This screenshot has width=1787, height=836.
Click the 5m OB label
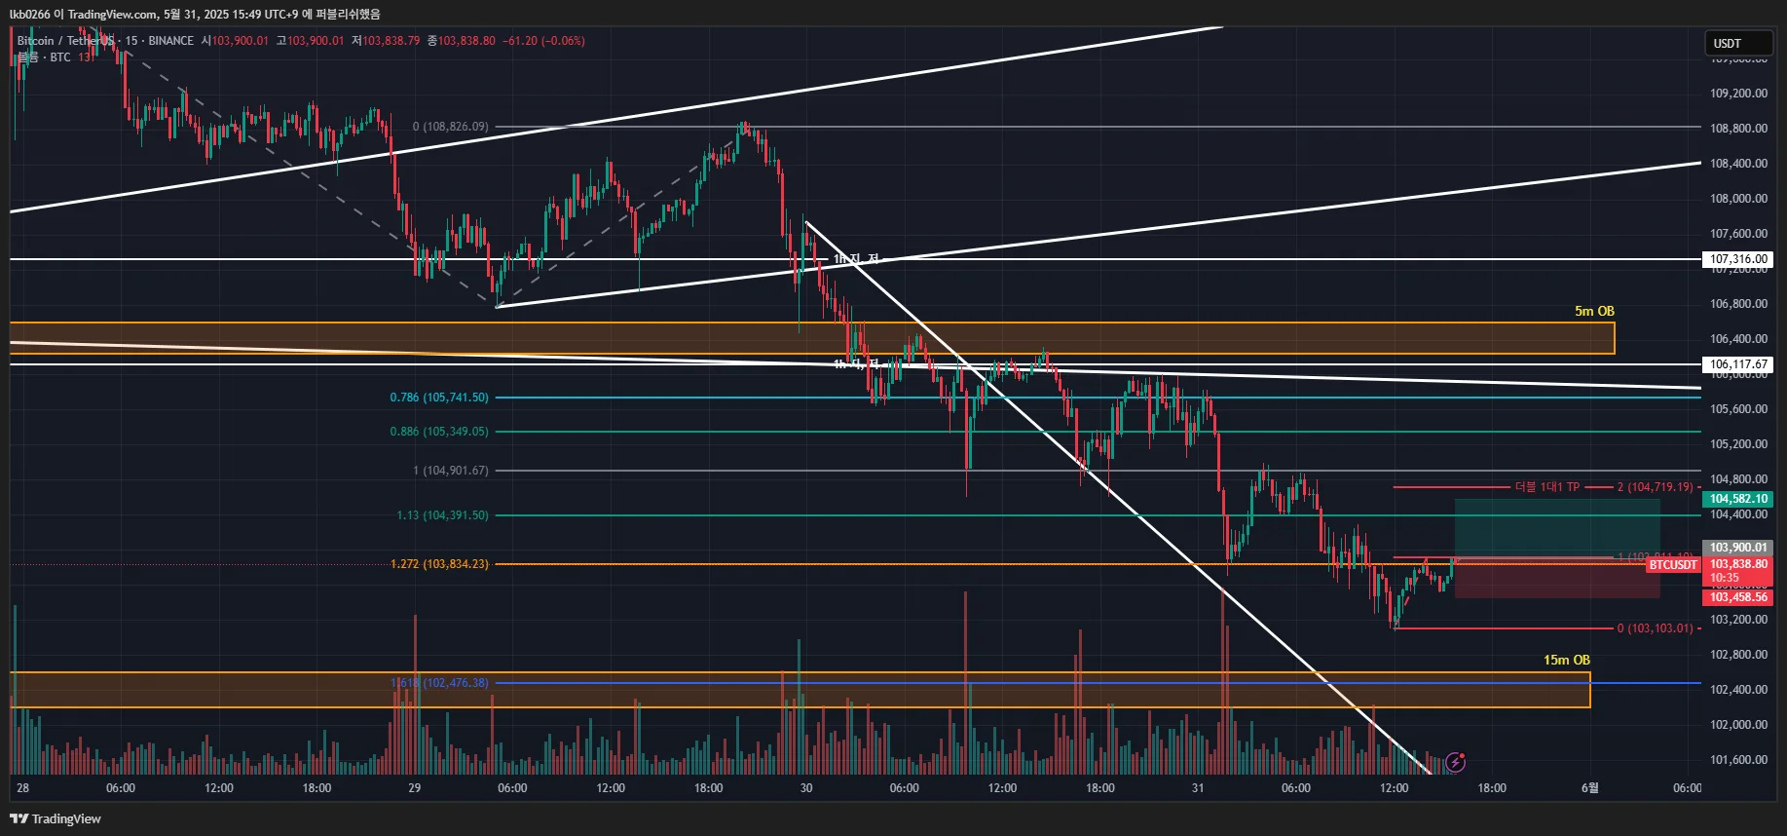(1594, 311)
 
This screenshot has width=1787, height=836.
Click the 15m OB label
(1566, 660)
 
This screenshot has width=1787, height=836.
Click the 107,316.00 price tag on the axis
(1738, 259)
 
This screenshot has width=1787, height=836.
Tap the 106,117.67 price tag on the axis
(1738, 364)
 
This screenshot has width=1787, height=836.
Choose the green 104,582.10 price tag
(1738, 499)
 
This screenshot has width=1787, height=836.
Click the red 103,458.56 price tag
(1738, 597)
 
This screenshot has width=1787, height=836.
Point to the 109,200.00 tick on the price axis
(1738, 94)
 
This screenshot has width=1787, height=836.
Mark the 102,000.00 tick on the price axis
(1738, 725)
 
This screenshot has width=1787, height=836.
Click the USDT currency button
(1738, 43)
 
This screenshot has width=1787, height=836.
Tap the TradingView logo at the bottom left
(56, 818)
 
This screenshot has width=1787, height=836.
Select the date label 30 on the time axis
(806, 788)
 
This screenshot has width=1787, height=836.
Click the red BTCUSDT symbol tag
(1673, 565)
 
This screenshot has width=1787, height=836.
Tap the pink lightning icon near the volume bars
(1456, 762)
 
